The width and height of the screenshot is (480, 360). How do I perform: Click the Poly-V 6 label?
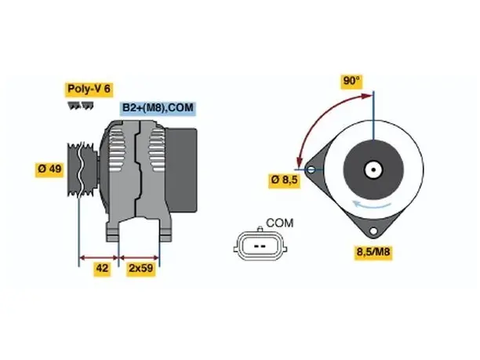(x=89, y=89)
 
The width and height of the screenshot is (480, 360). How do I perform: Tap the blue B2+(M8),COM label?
(x=158, y=108)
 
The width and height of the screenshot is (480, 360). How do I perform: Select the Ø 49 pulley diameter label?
(x=49, y=169)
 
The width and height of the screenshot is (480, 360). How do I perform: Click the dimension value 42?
(x=102, y=268)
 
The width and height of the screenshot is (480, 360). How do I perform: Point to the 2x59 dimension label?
(x=141, y=268)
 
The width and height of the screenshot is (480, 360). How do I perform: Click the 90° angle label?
(x=352, y=81)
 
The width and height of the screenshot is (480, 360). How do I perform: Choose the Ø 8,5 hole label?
(x=284, y=180)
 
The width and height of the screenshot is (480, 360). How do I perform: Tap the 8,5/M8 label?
(x=373, y=252)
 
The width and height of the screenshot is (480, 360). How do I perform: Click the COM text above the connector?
(x=279, y=224)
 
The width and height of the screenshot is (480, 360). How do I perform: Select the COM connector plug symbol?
(x=260, y=245)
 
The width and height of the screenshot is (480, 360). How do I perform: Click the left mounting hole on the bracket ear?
(x=311, y=169)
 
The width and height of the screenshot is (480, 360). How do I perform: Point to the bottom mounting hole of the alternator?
(x=373, y=231)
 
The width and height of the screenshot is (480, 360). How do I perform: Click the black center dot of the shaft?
(x=373, y=169)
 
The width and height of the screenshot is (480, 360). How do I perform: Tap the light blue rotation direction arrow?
(x=372, y=205)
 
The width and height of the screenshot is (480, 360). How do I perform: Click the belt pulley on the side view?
(x=82, y=169)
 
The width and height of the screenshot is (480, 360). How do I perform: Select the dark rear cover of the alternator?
(x=181, y=170)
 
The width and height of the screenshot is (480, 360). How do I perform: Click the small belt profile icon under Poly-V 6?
(x=81, y=106)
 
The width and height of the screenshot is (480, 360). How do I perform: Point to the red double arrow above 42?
(x=99, y=257)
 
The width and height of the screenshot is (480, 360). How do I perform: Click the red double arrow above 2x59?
(x=140, y=257)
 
